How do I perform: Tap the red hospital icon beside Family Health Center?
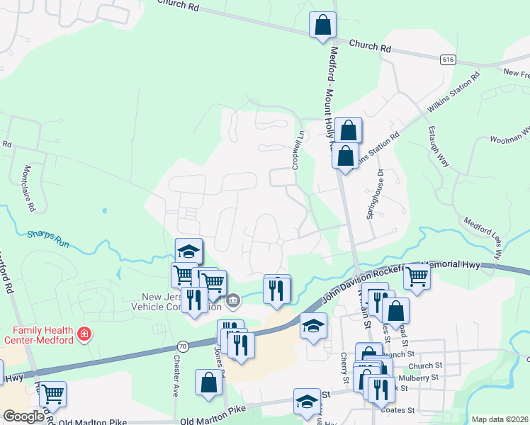pos(84,333)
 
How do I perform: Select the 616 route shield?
pos(446,60)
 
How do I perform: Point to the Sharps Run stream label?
pos(48,237)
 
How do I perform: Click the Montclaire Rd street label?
pos(29,188)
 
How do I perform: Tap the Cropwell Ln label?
pos(298,149)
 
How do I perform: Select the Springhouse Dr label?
pos(374,193)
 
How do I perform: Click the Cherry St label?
pos(344,368)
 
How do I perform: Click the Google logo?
pos(23,416)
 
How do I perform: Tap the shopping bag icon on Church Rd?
pos(322,25)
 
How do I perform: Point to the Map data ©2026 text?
pos(500,419)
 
